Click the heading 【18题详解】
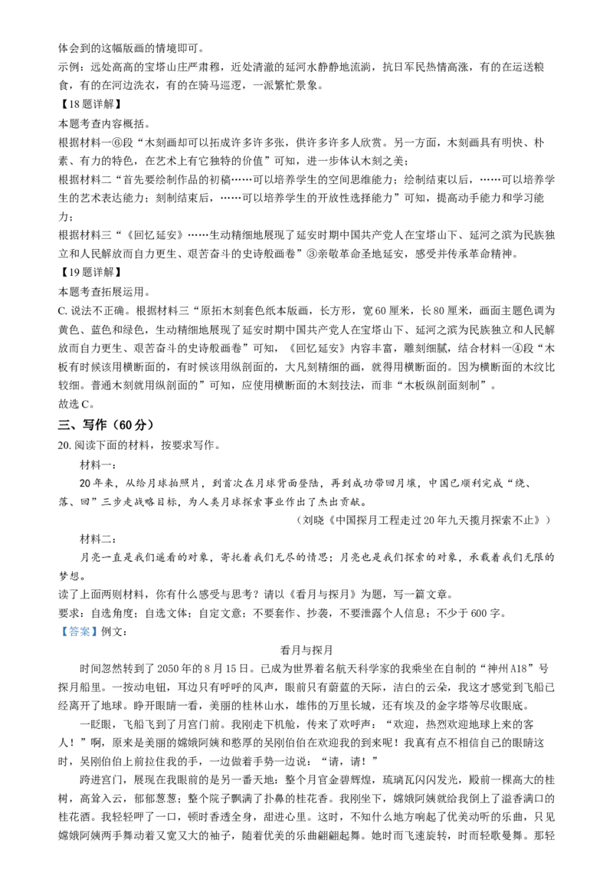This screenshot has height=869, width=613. click(90, 104)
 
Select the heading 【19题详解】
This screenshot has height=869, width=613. click(90, 272)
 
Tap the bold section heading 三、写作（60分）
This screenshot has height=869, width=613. click(106, 425)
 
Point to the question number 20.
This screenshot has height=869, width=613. click(64, 445)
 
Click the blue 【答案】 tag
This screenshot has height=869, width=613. click(79, 631)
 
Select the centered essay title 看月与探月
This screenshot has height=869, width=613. click(306, 650)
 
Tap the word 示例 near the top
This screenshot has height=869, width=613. click(69, 67)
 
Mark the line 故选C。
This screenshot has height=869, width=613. click(77, 403)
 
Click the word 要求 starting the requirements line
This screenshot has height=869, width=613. click(69, 613)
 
